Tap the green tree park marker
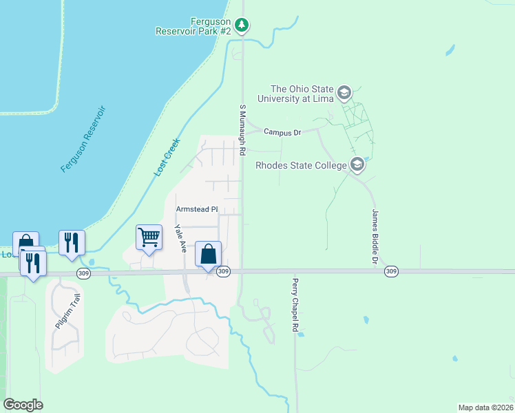[241, 25]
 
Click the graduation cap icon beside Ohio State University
[344, 93]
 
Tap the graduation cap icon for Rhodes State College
[357, 165]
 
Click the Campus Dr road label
[282, 132]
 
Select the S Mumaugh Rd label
[242, 129]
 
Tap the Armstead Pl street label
[196, 209]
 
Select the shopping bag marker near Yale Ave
[208, 255]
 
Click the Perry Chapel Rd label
[294, 306]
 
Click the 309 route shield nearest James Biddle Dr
[391, 272]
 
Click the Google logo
[23, 405]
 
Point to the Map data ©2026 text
[485, 407]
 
